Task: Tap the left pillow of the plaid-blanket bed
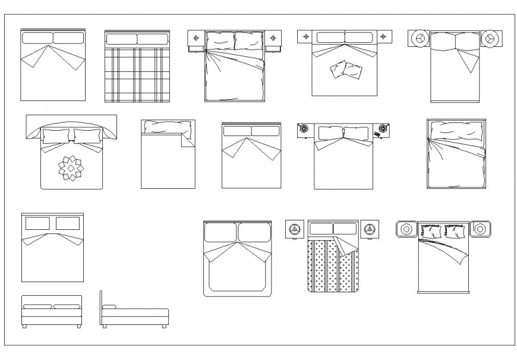[121, 40]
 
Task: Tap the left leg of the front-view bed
[24, 326]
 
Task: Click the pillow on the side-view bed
[109, 307]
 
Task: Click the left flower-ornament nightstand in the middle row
[304, 128]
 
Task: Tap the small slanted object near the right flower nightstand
[378, 136]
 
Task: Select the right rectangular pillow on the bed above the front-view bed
[67, 224]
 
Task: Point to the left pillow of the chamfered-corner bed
[220, 232]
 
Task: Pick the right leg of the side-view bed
[163, 326]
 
